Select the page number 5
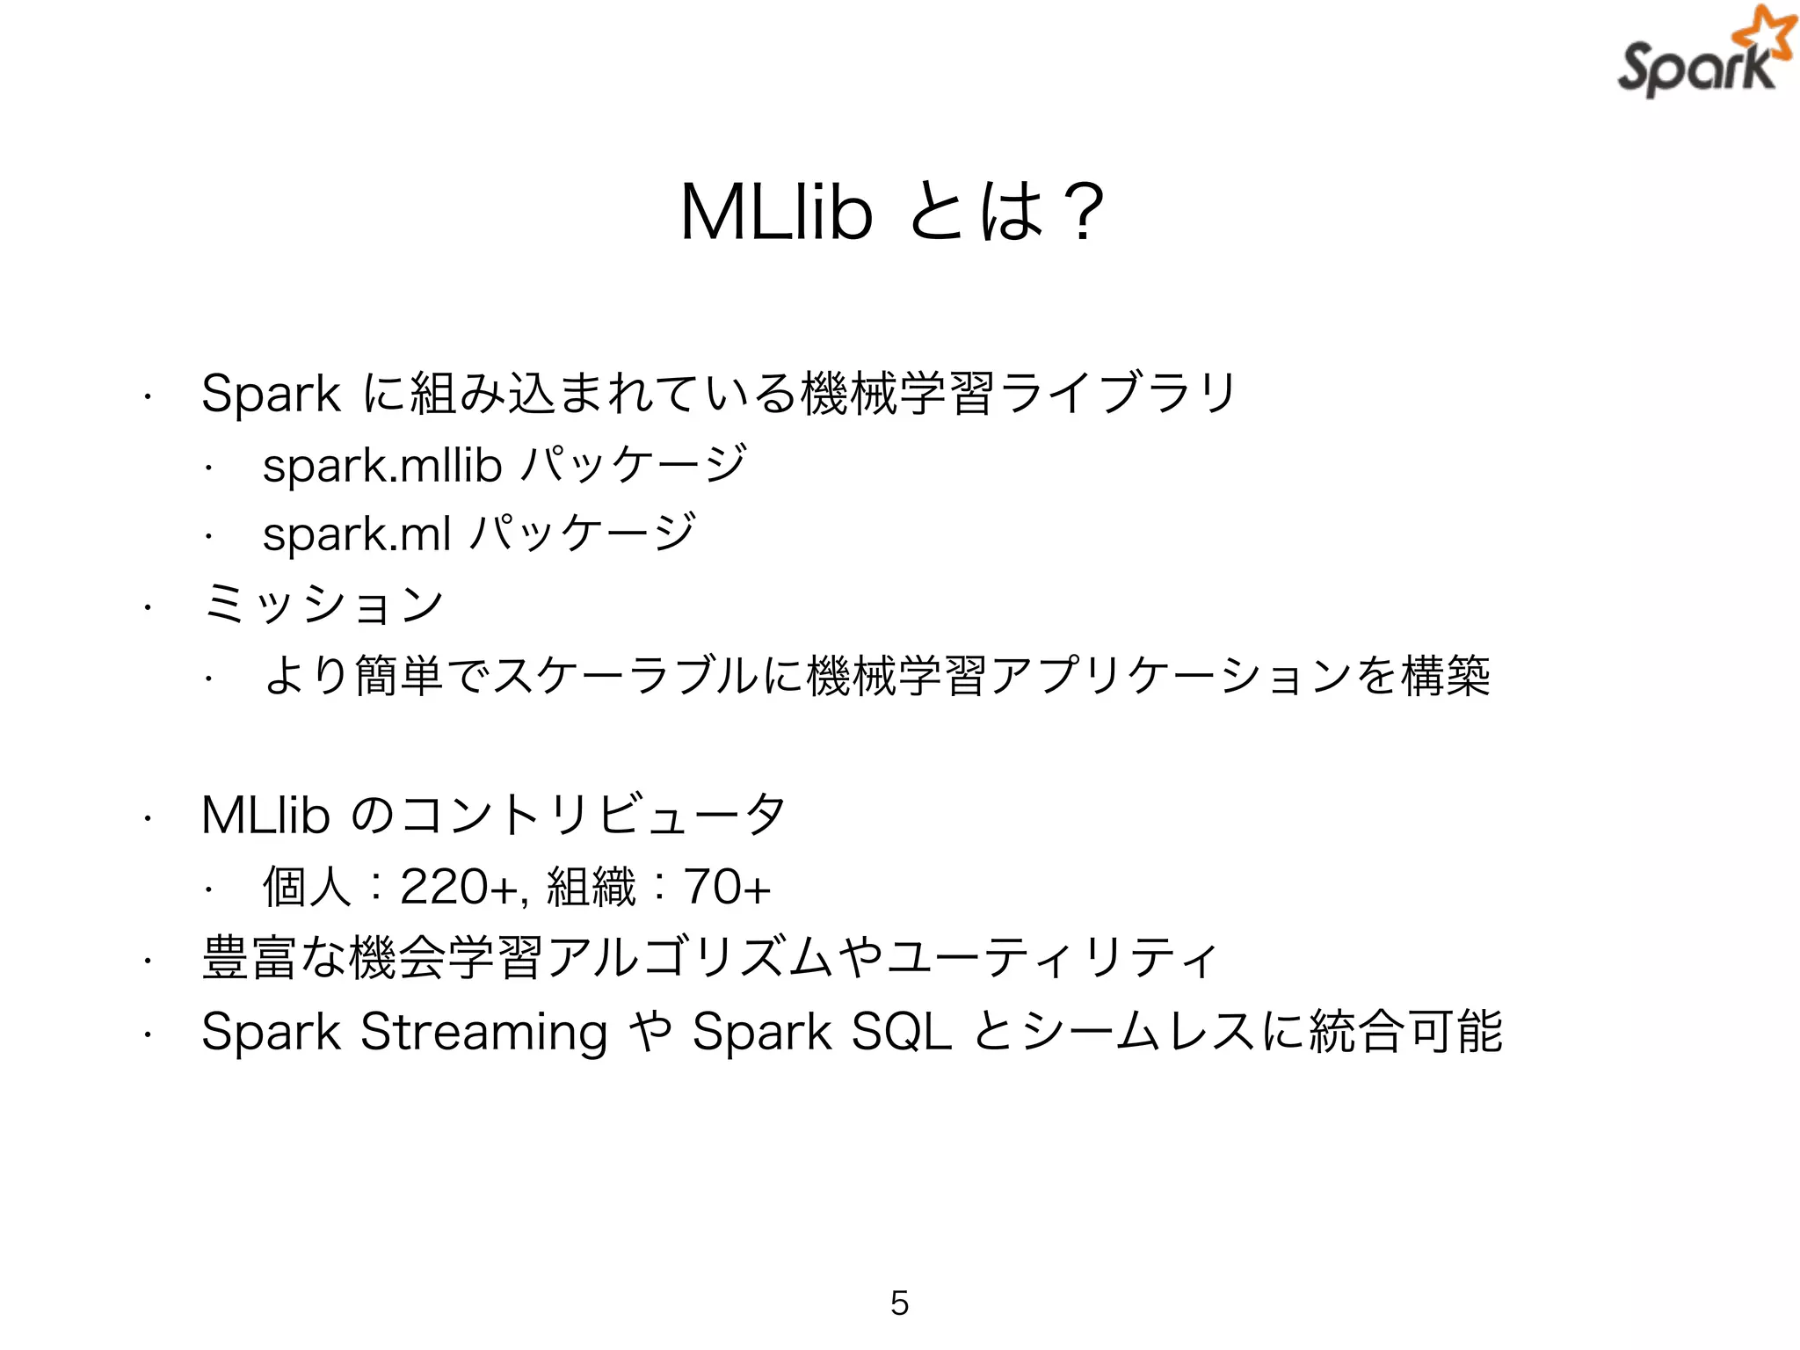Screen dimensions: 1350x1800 (x=899, y=1303)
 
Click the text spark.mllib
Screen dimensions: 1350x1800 (x=381, y=465)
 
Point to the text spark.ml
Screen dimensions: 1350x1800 (x=357, y=533)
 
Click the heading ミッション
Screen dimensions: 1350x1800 (x=323, y=604)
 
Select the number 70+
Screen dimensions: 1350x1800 (x=727, y=886)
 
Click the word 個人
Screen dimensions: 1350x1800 (x=307, y=886)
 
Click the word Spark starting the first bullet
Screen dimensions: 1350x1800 (x=270, y=393)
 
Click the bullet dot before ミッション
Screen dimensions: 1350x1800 (x=149, y=606)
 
